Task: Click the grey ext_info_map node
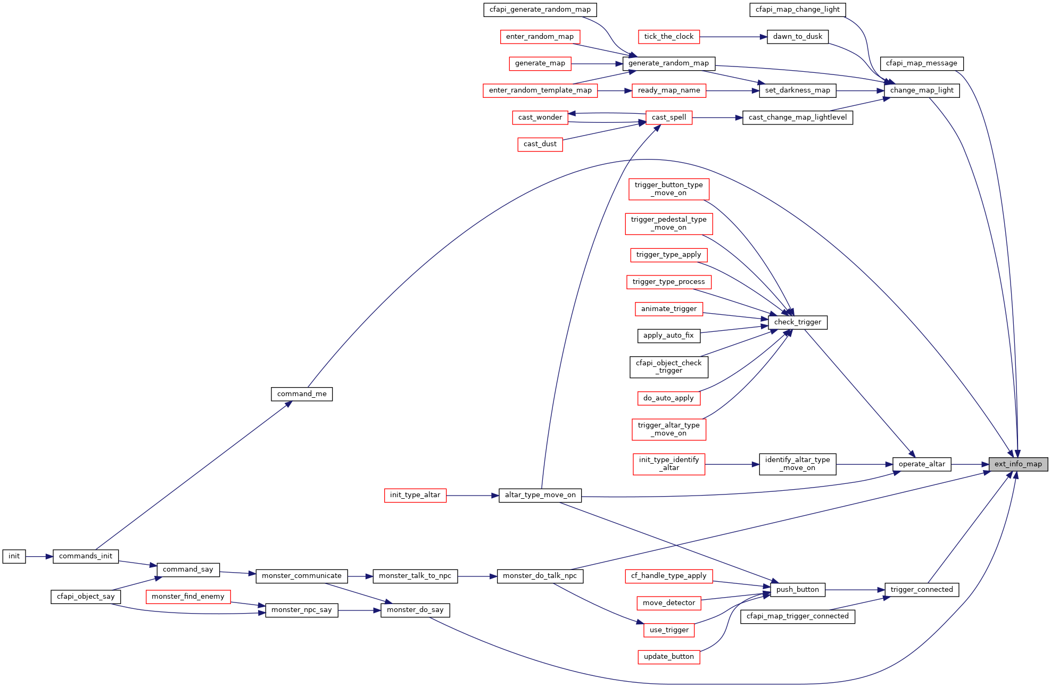click(x=1018, y=464)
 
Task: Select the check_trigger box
click(x=797, y=322)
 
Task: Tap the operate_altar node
click(x=922, y=464)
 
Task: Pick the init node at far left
click(x=14, y=556)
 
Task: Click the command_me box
click(x=302, y=394)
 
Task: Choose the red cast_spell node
click(x=668, y=118)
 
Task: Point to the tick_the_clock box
click(x=668, y=37)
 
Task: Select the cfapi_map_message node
click(x=921, y=63)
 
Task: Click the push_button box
click(x=797, y=590)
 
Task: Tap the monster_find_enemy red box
click(x=188, y=597)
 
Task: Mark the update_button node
click(x=668, y=657)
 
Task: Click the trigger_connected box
click(x=921, y=590)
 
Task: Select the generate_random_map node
click(x=668, y=63)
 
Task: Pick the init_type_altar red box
click(x=415, y=495)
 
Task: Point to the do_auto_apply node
click(x=668, y=398)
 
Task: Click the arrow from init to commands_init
click(x=39, y=557)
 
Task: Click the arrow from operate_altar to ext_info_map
click(x=970, y=464)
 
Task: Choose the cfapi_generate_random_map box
click(x=540, y=10)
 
